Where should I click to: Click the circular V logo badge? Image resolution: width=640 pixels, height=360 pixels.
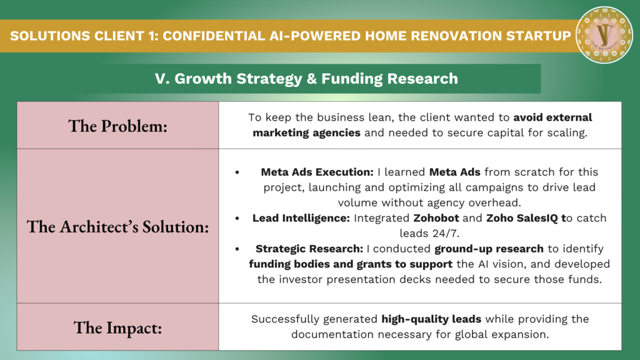pyautogui.click(x=604, y=35)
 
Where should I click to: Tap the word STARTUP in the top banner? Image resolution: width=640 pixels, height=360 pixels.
pyautogui.click(x=538, y=36)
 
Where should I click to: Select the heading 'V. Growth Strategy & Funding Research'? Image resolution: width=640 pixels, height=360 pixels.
pyautogui.click(x=306, y=78)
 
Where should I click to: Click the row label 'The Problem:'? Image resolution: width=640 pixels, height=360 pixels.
pyautogui.click(x=118, y=126)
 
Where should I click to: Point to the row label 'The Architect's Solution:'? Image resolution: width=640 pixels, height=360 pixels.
pyautogui.click(x=118, y=226)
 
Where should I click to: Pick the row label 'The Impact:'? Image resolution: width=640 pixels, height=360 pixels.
pyautogui.click(x=118, y=327)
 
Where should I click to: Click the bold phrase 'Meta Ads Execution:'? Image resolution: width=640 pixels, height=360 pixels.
pyautogui.click(x=317, y=172)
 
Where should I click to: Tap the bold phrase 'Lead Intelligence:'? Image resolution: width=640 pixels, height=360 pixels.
pyautogui.click(x=301, y=218)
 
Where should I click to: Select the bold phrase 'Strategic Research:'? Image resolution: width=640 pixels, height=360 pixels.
pyautogui.click(x=309, y=249)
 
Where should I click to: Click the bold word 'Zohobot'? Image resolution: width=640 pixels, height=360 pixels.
pyautogui.click(x=436, y=218)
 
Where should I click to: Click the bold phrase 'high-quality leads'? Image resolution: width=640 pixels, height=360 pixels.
pyautogui.click(x=431, y=319)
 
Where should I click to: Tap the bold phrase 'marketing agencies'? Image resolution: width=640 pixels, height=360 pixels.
pyautogui.click(x=306, y=133)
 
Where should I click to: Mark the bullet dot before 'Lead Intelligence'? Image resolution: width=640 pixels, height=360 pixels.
pyautogui.click(x=237, y=218)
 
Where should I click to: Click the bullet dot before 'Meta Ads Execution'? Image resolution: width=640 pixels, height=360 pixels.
pyautogui.click(x=237, y=172)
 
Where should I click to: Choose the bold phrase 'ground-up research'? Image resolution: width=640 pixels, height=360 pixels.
pyautogui.click(x=489, y=249)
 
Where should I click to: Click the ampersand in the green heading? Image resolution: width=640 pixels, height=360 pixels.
pyautogui.click(x=311, y=78)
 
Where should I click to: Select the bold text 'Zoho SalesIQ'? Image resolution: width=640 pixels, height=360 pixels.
pyautogui.click(x=522, y=218)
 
